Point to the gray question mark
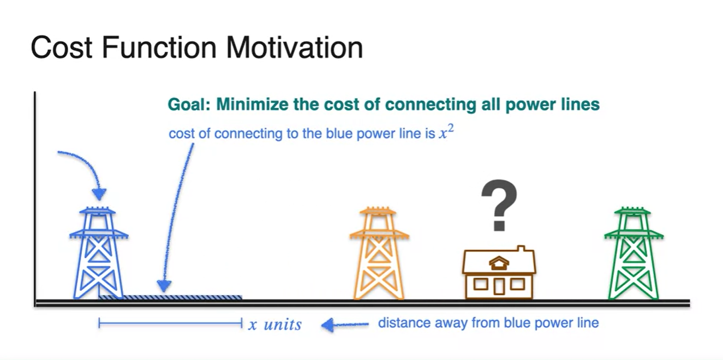pyautogui.click(x=499, y=205)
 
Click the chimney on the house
pyautogui.click(x=521, y=249)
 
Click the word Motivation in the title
pyautogui.click(x=294, y=47)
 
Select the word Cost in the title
pyautogui.click(x=62, y=47)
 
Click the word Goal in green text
pyautogui.click(x=189, y=105)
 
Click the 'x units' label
pyautogui.click(x=275, y=324)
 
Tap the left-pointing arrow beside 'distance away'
pyautogui.click(x=345, y=325)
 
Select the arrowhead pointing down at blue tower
pyautogui.click(x=99, y=194)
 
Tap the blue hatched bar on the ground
pyautogui.click(x=170, y=297)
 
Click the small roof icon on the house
pyautogui.click(x=499, y=263)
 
